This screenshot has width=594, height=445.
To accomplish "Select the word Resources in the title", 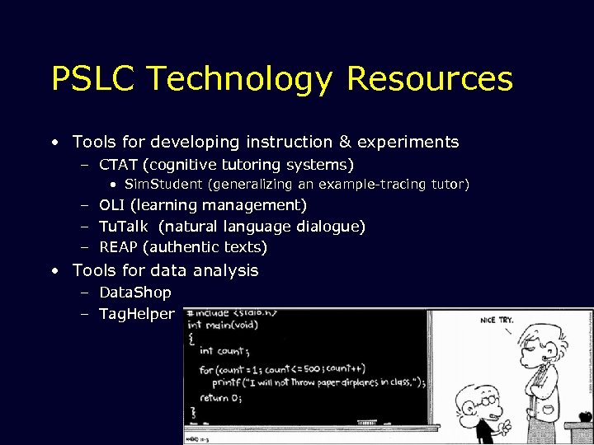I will pyautogui.click(x=430, y=79).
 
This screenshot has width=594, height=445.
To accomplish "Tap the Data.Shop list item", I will pyautogui.click(x=134, y=293).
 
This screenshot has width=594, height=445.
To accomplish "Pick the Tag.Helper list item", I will pyautogui.click(x=136, y=314).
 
